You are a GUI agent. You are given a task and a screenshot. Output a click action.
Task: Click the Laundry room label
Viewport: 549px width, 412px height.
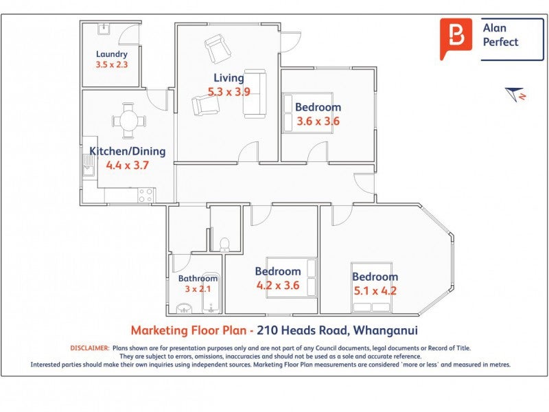click(x=111, y=54)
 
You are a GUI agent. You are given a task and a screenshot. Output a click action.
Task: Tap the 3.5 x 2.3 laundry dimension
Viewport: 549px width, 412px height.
click(x=111, y=65)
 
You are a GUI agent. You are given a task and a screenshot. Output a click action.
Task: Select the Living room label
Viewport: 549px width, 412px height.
click(x=228, y=78)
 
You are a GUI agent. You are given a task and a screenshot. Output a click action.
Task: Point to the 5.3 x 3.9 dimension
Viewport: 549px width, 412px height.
click(x=229, y=91)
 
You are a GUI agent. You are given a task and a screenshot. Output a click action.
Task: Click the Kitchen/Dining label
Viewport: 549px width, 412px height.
click(x=127, y=151)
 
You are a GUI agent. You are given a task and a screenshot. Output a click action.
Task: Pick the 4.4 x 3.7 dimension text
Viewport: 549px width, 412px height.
click(x=127, y=165)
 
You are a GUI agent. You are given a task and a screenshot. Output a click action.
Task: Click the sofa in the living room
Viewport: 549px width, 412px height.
click(x=255, y=93)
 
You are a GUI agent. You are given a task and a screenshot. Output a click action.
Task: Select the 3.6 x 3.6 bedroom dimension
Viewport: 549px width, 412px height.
click(x=318, y=122)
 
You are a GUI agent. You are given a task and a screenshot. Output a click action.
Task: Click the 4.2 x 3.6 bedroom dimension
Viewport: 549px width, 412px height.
click(x=277, y=285)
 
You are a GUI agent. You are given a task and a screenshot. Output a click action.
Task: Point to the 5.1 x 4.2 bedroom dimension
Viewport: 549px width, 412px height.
click(x=375, y=290)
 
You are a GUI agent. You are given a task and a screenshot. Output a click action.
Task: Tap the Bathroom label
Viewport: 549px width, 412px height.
click(x=198, y=279)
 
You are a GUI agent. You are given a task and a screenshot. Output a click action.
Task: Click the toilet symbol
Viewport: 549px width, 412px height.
click(x=224, y=244)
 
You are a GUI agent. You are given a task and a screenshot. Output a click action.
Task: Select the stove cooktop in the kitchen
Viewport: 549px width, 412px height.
click(x=145, y=195)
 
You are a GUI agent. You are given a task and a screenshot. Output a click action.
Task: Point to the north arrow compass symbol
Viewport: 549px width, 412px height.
click(x=515, y=94)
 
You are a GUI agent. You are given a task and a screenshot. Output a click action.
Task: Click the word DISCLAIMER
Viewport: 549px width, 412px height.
click(x=90, y=348)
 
